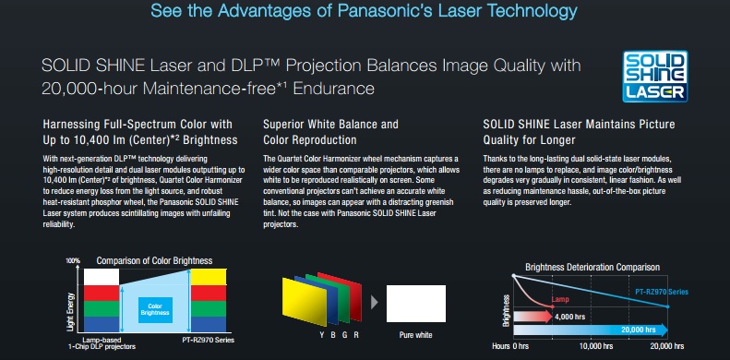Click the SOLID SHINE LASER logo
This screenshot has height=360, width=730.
click(x=655, y=76)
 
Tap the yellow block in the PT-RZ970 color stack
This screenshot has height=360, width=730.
click(x=209, y=277)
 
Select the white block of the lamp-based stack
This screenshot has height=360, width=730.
click(x=102, y=277)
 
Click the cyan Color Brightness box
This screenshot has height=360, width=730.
click(x=155, y=310)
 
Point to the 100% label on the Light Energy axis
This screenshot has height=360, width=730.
click(x=73, y=261)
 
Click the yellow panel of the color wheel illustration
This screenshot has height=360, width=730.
click(x=304, y=302)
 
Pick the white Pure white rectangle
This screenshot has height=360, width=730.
click(x=415, y=304)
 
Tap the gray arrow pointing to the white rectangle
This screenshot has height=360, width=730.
click(x=375, y=302)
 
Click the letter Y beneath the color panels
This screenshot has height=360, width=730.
click(x=322, y=335)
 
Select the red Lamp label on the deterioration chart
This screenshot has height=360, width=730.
click(x=560, y=299)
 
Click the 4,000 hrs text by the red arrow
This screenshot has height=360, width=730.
click(x=569, y=318)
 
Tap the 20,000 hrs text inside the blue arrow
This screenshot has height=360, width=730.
click(x=639, y=330)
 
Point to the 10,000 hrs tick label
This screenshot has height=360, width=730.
click(x=595, y=346)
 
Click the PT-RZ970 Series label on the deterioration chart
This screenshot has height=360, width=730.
click(x=662, y=292)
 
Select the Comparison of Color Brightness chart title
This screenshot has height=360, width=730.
click(x=154, y=261)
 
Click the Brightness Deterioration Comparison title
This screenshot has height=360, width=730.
click(x=592, y=268)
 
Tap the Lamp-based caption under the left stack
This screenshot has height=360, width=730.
click(x=102, y=340)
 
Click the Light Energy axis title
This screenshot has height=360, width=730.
click(x=70, y=312)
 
